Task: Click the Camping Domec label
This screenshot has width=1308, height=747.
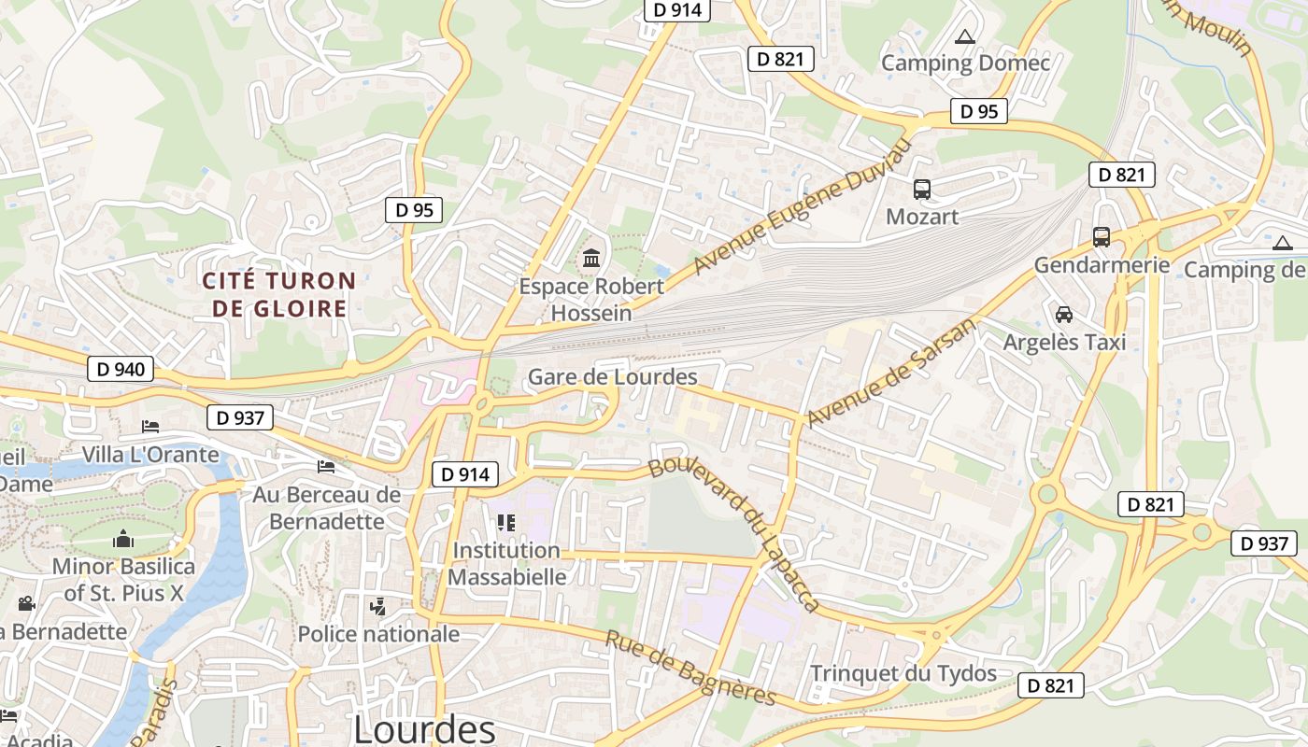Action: point(965,63)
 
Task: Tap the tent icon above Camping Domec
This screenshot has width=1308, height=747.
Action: point(965,37)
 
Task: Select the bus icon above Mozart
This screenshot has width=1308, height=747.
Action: point(922,190)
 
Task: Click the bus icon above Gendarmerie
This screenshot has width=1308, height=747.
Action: point(1102,237)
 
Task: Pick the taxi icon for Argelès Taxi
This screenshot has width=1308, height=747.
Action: point(1063,314)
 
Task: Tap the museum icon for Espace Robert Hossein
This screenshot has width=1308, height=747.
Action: point(591,258)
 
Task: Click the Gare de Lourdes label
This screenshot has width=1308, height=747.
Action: point(613,377)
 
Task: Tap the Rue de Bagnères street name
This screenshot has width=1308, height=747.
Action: point(690,668)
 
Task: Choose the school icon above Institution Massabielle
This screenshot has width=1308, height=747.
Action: point(505,523)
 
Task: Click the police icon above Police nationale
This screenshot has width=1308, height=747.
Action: point(377,607)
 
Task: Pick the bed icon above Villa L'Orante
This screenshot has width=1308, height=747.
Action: point(149,427)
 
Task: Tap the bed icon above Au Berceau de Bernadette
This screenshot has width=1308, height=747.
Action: point(325,466)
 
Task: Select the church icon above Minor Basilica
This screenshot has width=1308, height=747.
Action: point(123,539)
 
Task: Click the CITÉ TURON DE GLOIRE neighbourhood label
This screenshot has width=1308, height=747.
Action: point(279,294)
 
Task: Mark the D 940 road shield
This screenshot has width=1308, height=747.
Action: point(121,369)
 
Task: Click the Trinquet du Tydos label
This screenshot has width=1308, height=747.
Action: point(903,673)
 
